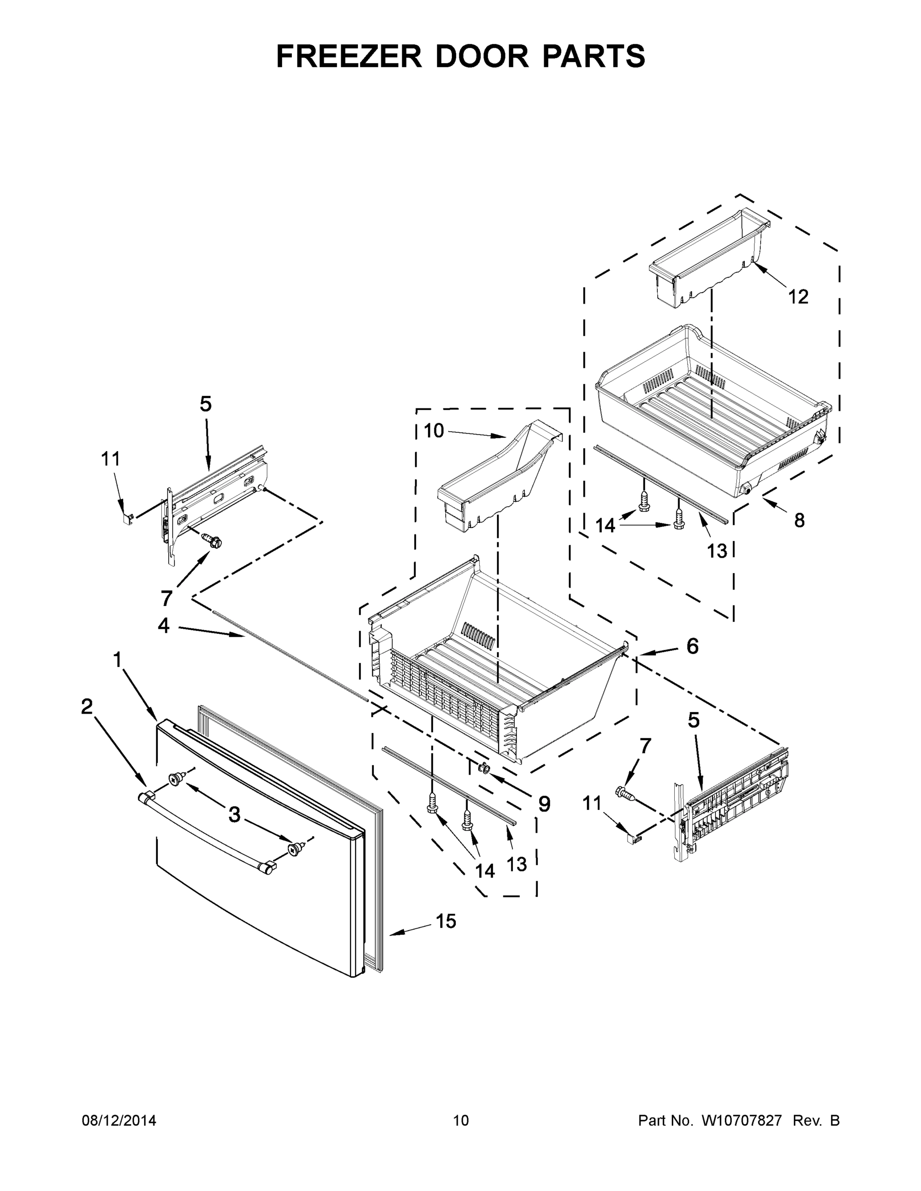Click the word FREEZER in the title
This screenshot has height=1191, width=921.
click(349, 56)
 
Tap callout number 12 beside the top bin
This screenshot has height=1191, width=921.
click(798, 297)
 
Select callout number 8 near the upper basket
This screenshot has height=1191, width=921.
click(799, 520)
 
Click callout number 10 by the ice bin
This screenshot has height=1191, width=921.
click(434, 431)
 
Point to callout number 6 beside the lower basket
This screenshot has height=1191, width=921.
click(692, 646)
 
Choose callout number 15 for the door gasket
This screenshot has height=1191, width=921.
click(446, 921)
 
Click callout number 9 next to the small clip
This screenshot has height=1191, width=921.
click(544, 804)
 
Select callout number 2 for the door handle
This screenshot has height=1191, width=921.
click(87, 707)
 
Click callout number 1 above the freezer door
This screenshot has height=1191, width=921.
click(117, 660)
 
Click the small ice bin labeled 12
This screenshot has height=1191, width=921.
click(709, 256)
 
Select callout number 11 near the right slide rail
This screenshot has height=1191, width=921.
click(592, 803)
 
